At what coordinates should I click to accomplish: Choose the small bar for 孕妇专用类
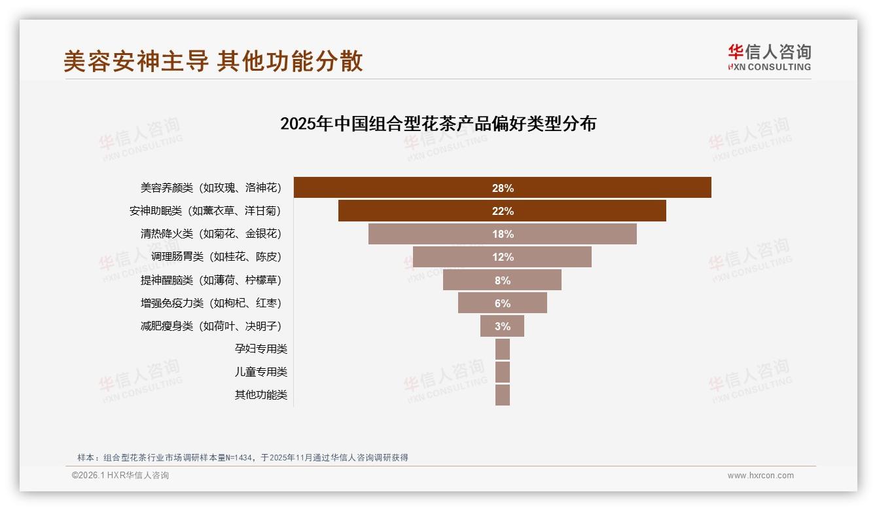(x=502, y=349)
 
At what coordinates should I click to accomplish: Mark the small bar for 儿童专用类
(x=502, y=372)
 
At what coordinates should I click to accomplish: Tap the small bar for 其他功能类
(x=502, y=395)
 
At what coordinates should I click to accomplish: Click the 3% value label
(x=502, y=326)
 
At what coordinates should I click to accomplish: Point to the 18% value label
(x=503, y=234)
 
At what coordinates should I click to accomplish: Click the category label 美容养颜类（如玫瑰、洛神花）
(x=210, y=188)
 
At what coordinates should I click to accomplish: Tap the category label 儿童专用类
(x=260, y=372)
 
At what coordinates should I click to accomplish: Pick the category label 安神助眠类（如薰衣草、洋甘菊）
(x=205, y=211)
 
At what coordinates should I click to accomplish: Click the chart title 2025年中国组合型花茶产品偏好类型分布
(x=438, y=124)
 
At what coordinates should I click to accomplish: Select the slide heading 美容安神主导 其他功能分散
(x=213, y=62)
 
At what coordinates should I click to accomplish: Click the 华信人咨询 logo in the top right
(x=769, y=57)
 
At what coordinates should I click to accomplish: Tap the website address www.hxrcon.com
(x=760, y=476)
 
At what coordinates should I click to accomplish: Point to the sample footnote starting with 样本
(x=242, y=457)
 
